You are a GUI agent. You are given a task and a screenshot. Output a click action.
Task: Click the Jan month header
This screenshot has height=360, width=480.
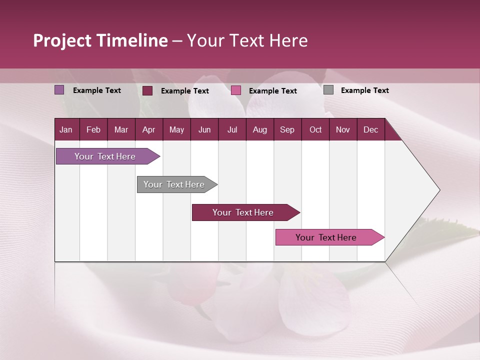[x=66, y=130]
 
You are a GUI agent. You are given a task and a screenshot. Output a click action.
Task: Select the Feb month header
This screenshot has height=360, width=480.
[x=93, y=130]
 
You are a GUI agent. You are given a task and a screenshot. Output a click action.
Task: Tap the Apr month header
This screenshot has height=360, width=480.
[x=148, y=130]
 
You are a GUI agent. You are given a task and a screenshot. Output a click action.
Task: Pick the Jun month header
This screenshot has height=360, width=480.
[x=204, y=130]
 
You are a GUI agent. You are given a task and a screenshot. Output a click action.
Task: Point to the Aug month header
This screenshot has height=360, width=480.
[x=259, y=130]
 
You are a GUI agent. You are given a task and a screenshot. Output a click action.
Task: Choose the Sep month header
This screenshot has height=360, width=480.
[x=287, y=130]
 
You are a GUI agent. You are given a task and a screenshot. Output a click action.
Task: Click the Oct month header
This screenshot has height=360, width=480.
[x=315, y=130]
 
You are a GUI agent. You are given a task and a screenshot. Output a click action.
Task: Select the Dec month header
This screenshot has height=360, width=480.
[x=370, y=130]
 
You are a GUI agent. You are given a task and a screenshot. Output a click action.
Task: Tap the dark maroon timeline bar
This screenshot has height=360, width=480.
[x=243, y=212]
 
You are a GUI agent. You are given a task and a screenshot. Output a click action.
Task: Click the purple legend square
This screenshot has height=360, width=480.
[x=59, y=90]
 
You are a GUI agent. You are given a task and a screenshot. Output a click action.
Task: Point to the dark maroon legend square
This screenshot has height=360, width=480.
[x=147, y=90]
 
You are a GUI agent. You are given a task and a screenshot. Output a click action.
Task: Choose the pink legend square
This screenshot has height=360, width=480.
[x=236, y=90]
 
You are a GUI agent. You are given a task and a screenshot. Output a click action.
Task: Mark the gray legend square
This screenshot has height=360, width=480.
[x=328, y=90]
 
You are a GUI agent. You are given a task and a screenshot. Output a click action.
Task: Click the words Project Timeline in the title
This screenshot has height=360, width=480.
[x=100, y=40]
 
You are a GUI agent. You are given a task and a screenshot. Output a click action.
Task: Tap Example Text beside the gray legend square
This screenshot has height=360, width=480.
[x=364, y=90]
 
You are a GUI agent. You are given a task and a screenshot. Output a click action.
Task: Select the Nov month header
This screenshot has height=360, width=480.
[x=343, y=130]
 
